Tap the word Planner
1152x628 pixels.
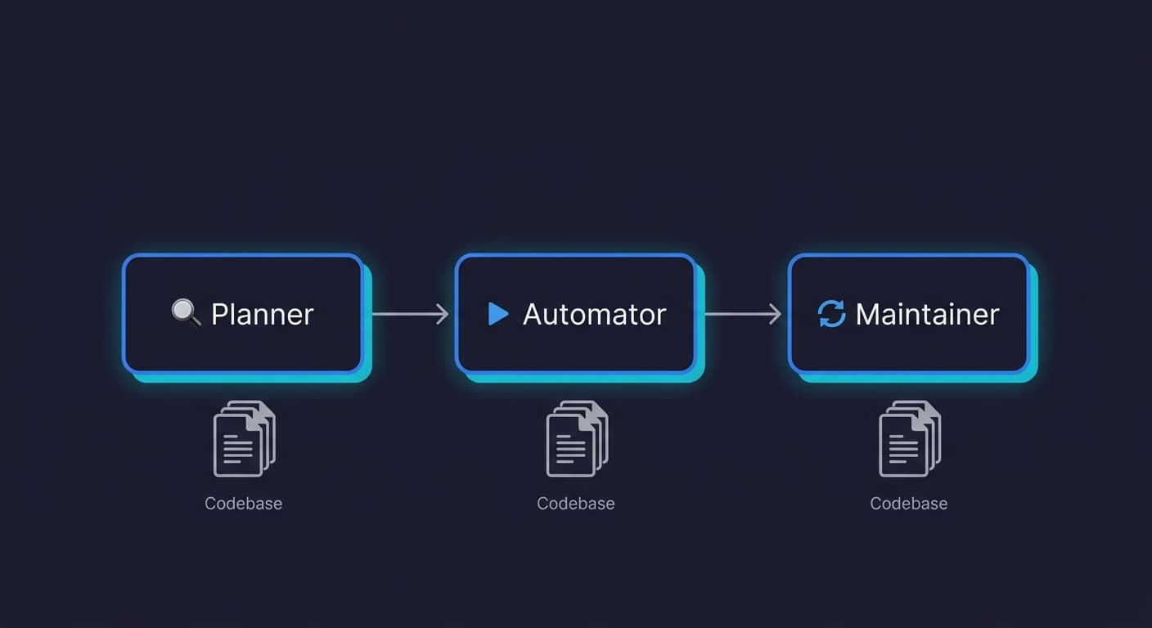pos(262,314)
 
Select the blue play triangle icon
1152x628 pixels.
pos(497,313)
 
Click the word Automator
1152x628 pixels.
pos(594,314)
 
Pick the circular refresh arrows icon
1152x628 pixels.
pos(831,314)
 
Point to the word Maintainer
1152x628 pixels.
pos(927,314)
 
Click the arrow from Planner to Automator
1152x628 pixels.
pos(410,314)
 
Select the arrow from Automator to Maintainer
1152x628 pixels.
pos(742,314)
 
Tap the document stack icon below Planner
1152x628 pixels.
pos(244,438)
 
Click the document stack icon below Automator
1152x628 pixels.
pos(577,438)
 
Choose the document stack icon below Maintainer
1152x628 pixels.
pos(910,438)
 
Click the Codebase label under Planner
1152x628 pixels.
pos(243,504)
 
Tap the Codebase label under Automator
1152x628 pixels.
pos(576,504)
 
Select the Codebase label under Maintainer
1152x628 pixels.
pos(909,504)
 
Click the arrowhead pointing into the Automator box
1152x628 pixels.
pos(443,314)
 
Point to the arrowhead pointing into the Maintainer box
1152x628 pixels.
pos(775,314)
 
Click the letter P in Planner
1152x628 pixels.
pos(219,314)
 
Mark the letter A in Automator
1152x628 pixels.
pos(533,314)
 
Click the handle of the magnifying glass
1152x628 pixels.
pos(195,322)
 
